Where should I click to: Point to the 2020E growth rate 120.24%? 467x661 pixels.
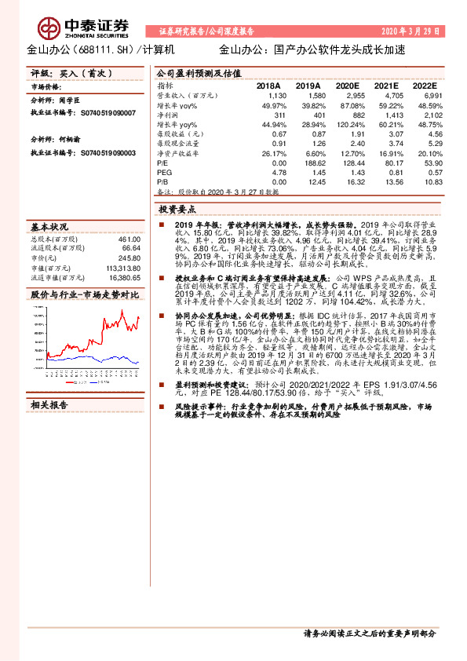(351, 124)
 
